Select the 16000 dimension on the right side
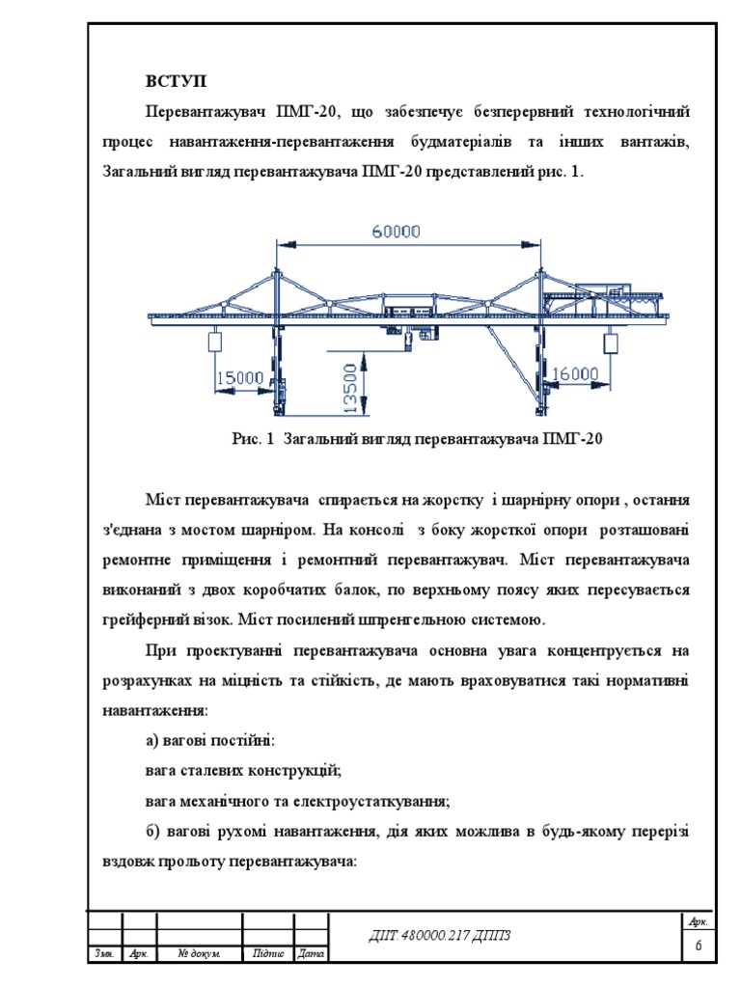[575, 373]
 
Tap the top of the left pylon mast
[278, 271]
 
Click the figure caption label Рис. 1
[255, 439]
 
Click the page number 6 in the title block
[698, 947]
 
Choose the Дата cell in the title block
[311, 954]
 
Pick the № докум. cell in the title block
[200, 954]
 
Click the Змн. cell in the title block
[104, 954]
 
